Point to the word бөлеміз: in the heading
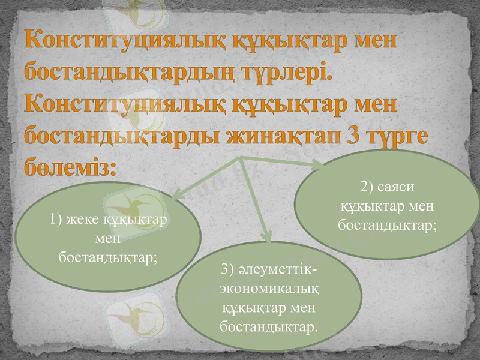point(70,166)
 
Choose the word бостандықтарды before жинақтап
point(122,136)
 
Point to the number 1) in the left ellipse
point(57,220)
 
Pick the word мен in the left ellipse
point(108,238)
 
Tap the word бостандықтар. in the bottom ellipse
point(269,328)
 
